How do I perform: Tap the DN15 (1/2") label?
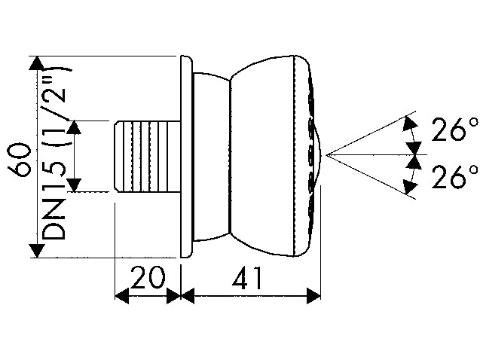click(54, 152)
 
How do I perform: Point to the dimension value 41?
click(247, 278)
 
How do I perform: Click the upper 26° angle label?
click(454, 130)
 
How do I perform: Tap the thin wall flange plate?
click(186, 157)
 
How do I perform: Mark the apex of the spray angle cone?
click(326, 155)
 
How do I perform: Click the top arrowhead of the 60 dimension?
click(37, 63)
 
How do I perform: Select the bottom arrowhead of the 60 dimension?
click(37, 251)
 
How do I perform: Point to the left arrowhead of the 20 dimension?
click(121, 296)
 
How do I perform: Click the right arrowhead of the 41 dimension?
click(313, 296)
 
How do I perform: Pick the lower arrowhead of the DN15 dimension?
click(74, 185)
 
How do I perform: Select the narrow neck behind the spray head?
click(211, 157)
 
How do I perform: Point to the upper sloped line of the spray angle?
click(371, 133)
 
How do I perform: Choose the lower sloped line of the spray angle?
click(371, 178)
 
